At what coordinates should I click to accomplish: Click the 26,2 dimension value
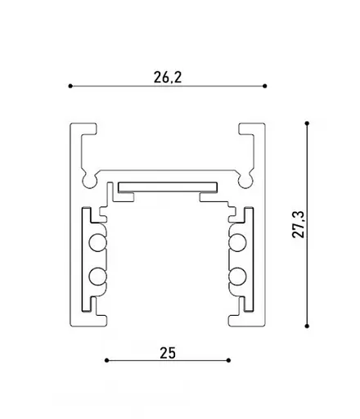point(168,77)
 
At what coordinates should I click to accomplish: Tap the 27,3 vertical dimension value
point(298,224)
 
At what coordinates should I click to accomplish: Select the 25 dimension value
point(168,353)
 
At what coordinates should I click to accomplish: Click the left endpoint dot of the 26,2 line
point(70,86)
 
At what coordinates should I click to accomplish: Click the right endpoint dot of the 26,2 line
point(264,86)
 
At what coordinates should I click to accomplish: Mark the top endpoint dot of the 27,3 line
point(307,124)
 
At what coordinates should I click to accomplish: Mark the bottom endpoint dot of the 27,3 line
point(307,326)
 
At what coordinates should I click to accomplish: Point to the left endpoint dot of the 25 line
point(106,361)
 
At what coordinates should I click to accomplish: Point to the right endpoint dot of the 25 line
point(228,361)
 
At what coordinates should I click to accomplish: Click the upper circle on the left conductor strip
point(97,242)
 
